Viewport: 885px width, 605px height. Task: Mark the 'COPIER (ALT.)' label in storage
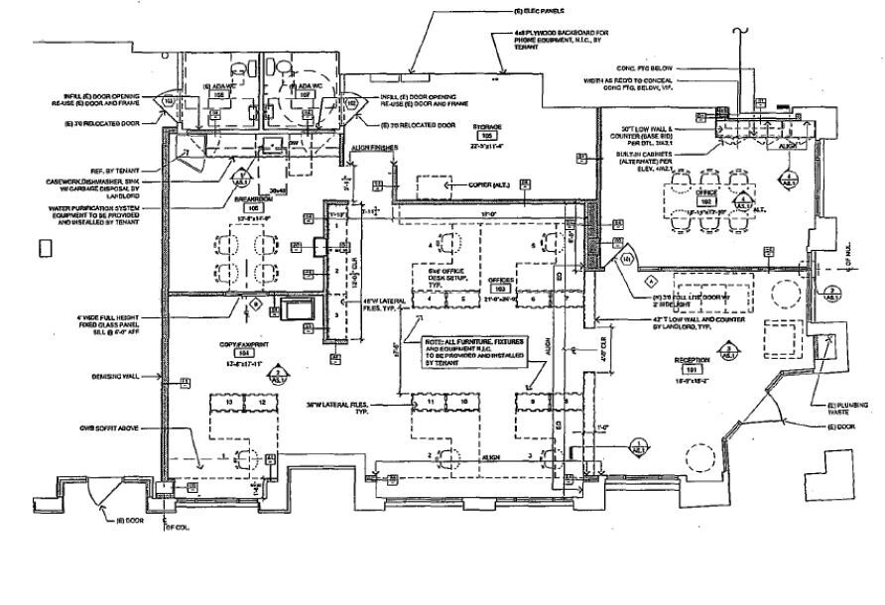tap(489, 185)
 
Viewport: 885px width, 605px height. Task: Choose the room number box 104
tap(239, 353)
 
